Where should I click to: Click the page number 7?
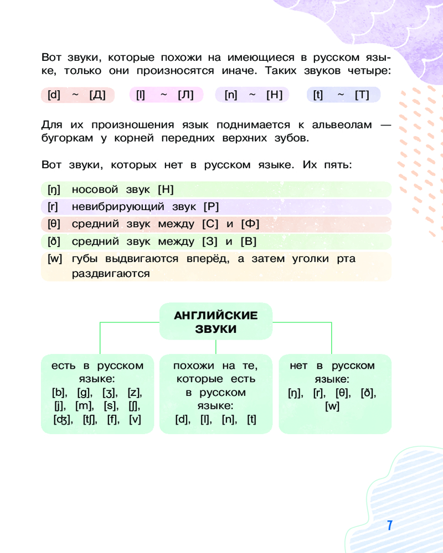point(390,525)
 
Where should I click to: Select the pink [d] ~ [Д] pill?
point(78,95)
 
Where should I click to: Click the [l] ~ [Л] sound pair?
point(166,95)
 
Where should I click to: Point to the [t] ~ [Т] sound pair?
point(343,95)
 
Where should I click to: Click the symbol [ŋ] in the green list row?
point(54,190)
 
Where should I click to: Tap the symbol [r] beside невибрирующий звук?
point(53,207)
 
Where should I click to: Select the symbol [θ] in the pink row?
point(54,224)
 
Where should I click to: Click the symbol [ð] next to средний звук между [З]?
point(54,242)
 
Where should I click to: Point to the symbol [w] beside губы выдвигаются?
point(55,259)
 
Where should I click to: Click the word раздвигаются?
point(111,273)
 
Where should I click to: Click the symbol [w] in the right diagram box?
point(332,406)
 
